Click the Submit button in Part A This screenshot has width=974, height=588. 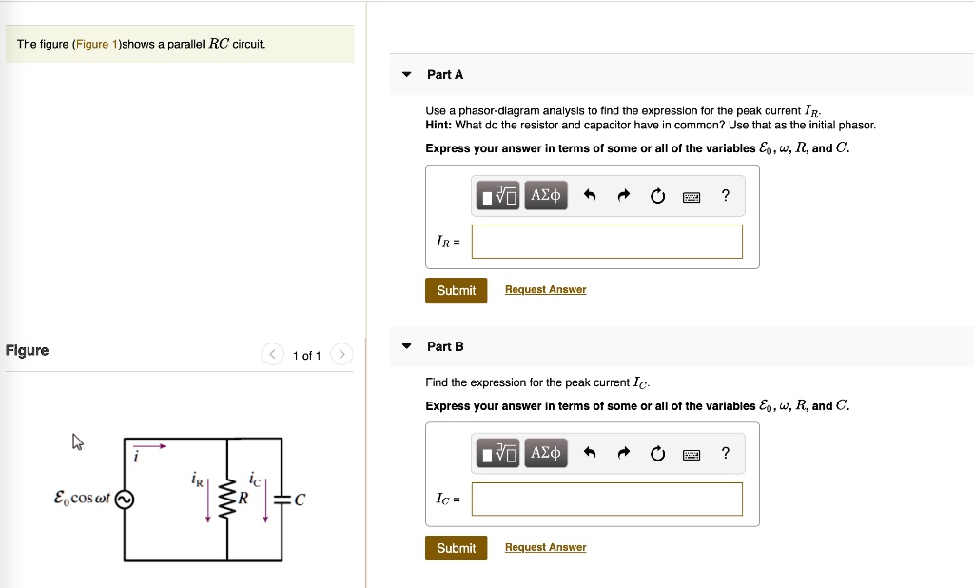[456, 290]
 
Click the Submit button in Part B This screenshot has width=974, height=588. [456, 548]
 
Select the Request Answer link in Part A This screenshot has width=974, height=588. [545, 290]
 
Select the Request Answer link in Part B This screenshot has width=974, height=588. [545, 548]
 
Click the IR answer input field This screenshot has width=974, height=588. [607, 242]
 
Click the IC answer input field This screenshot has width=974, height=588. [607, 500]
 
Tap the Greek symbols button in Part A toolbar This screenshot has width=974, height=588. [545, 196]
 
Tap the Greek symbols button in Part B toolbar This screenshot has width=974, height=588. [545, 454]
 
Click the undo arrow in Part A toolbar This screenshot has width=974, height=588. [589, 197]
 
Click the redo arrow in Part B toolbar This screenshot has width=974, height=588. [623, 455]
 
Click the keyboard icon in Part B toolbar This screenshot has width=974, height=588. [692, 455]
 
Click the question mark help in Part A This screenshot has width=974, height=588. [726, 196]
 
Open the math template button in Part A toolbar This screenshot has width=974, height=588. [499, 196]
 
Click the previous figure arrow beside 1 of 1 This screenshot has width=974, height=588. [272, 356]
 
